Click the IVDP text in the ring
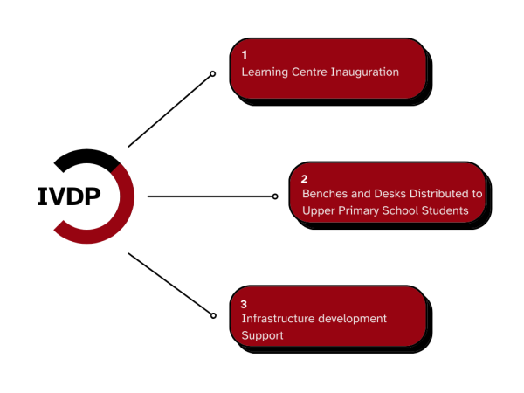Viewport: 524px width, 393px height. pyautogui.click(x=68, y=196)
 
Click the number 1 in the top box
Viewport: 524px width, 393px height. pyautogui.click(x=245, y=55)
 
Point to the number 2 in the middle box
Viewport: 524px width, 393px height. pyautogui.click(x=305, y=177)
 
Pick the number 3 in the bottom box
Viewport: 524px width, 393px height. pyautogui.click(x=245, y=304)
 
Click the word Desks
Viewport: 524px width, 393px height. pyautogui.click(x=389, y=194)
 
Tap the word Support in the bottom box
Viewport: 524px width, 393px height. pyautogui.click(x=263, y=335)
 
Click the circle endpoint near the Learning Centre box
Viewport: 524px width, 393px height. pyautogui.click(x=212, y=74)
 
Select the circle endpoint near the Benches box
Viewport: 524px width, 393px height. pyautogui.click(x=275, y=196)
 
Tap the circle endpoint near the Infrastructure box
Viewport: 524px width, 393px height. pyautogui.click(x=213, y=314)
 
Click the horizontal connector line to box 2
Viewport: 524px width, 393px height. pyautogui.click(x=210, y=196)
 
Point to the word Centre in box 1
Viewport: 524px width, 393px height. pyautogui.click(x=312, y=72)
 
